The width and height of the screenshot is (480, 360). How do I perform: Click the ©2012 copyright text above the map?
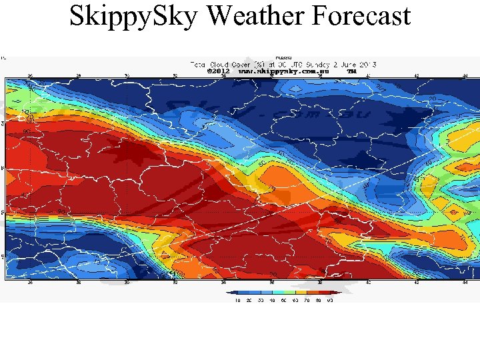[218, 70]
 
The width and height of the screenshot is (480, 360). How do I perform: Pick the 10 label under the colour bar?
[238, 300]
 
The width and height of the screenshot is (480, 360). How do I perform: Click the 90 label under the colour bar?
[329, 300]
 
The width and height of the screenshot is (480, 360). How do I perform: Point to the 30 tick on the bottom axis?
[127, 283]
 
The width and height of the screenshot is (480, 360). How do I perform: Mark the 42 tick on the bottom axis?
[417, 283]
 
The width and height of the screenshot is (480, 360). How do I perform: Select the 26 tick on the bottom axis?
[30, 283]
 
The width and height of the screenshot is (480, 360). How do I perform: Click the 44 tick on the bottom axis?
[465, 283]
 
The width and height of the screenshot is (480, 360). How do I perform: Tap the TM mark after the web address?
[352, 70]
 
